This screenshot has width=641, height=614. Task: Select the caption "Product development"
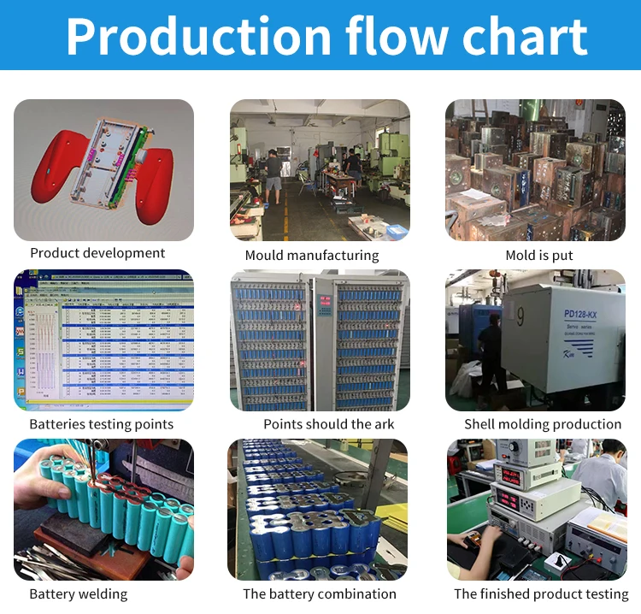97,253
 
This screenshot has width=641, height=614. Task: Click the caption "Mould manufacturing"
312,255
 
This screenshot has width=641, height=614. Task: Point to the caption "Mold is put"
539,255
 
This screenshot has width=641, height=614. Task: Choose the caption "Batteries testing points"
101,424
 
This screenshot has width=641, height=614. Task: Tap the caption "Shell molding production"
543,424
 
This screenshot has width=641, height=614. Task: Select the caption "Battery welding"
78,593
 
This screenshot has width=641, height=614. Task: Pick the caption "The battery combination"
320,593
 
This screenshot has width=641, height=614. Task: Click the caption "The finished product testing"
541,593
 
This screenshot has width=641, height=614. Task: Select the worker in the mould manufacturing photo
273,171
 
